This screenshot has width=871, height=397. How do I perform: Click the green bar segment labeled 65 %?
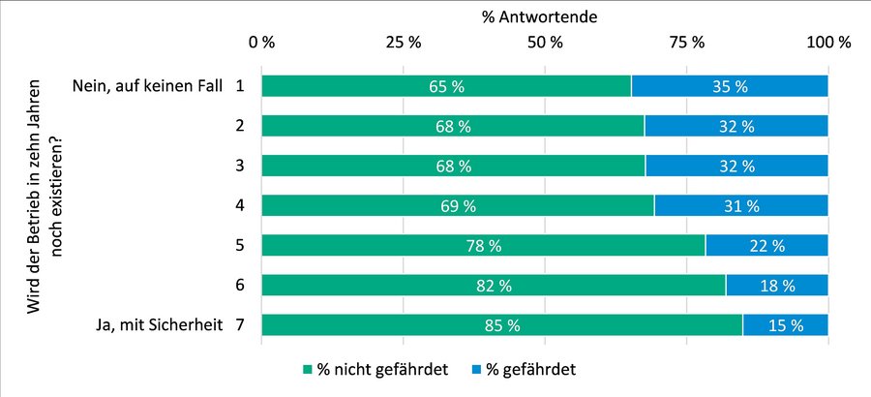pyautogui.click(x=445, y=86)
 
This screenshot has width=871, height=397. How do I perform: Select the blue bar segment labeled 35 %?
pyautogui.click(x=729, y=86)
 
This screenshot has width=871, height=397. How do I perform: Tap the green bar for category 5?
pyautogui.click(x=482, y=245)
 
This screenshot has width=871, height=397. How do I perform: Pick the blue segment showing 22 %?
pyautogui.click(x=766, y=245)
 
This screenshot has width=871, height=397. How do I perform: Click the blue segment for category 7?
pyautogui.click(x=785, y=325)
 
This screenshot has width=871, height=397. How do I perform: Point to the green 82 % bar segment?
pyautogui.click(x=493, y=285)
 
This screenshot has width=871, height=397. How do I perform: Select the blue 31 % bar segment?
pyautogui.click(x=740, y=205)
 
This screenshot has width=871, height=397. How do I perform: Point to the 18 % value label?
pyautogui.click(x=777, y=285)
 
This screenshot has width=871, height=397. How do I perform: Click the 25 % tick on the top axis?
pyautogui.click(x=403, y=43)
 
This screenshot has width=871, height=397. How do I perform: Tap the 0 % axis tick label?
pyautogui.click(x=261, y=43)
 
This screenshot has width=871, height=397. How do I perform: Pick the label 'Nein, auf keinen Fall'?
pyautogui.click(x=147, y=86)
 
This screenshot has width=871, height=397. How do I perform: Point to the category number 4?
pyautogui.click(x=239, y=205)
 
